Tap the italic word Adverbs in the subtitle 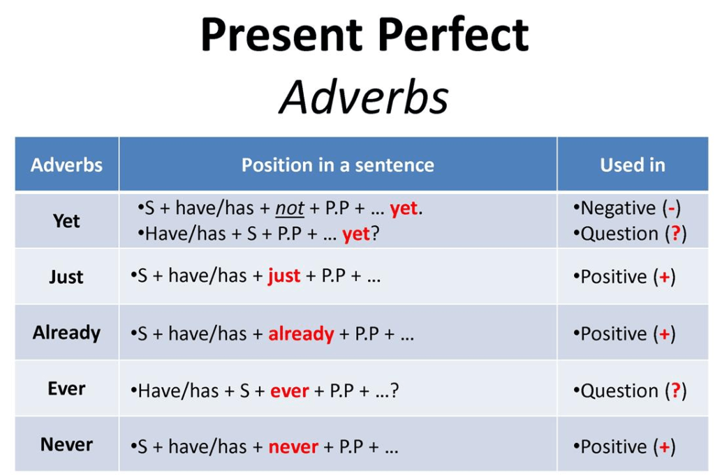pos(364,97)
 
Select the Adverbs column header pos(66,165)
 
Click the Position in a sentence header pos(337,165)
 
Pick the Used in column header pos(632,165)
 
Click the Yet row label pos(66,221)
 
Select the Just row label pos(66,277)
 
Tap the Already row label pos(66,333)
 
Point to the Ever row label pos(66,389)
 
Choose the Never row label pos(66,444)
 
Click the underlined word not pos(290,209)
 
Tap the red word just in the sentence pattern pos(283,276)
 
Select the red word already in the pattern pos(301,333)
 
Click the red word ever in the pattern pos(289,391)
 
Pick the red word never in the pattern pos(293,446)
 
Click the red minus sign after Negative pos(671,209)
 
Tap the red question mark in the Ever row pos(675,391)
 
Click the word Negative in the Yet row pos(618,209)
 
